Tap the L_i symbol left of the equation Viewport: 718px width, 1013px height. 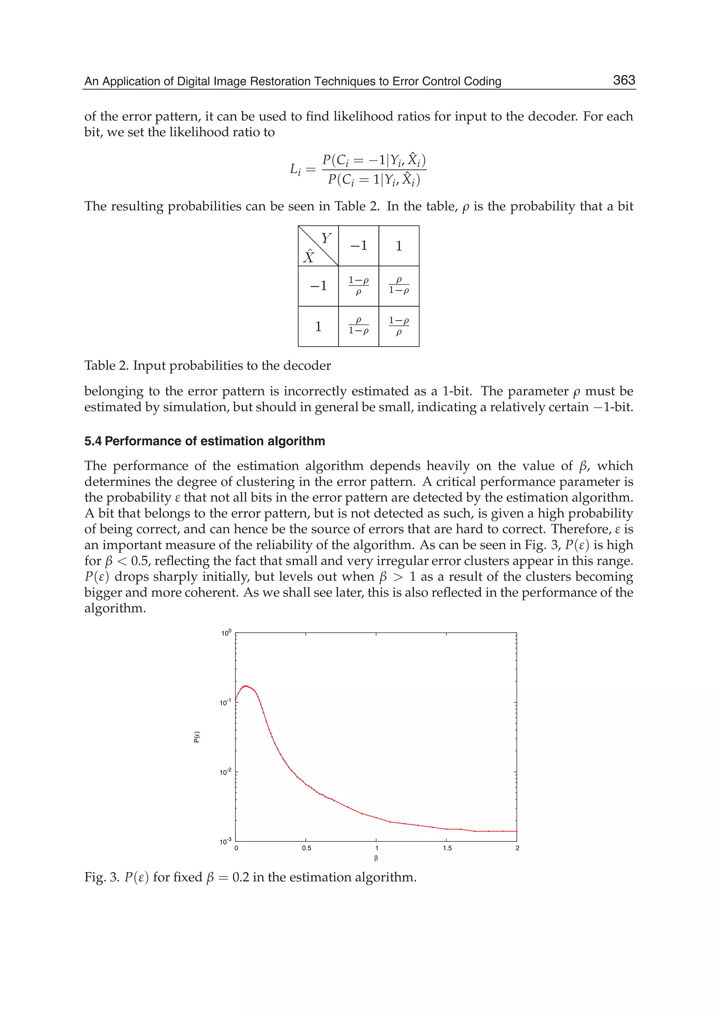coord(295,169)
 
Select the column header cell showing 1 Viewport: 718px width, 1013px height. coord(399,246)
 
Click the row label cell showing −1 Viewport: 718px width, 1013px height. coord(318,286)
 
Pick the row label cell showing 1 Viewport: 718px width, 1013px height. coord(318,326)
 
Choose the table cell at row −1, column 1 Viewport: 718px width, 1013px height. coord(399,286)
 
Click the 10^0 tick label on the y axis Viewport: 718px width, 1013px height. coord(226,633)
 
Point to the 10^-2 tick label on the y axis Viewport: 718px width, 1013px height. coord(225,772)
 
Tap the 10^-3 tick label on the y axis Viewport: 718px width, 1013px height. coord(225,842)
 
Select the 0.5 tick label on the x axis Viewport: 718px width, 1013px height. coord(306,848)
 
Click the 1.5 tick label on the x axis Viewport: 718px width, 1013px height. coord(447,848)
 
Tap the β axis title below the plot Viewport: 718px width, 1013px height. coord(376,859)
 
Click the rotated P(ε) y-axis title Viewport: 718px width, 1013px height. coord(197,737)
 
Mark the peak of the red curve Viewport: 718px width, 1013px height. coord(246,686)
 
